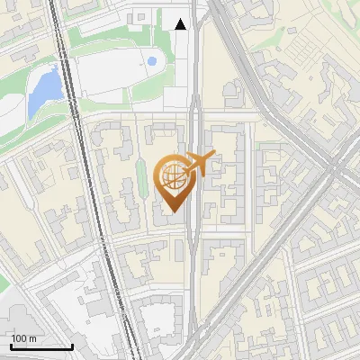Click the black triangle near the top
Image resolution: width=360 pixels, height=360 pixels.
182,24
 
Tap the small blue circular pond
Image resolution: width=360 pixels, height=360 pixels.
151,61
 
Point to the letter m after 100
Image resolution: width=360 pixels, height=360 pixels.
32,338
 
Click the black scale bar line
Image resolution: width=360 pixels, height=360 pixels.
40,346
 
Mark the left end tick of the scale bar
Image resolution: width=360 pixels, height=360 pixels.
10,345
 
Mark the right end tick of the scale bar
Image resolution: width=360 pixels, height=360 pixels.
72,345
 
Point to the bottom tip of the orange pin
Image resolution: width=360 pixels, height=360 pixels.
171,213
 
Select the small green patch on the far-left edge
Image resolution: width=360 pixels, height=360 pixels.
4,284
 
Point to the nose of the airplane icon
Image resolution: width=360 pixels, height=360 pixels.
215,155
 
